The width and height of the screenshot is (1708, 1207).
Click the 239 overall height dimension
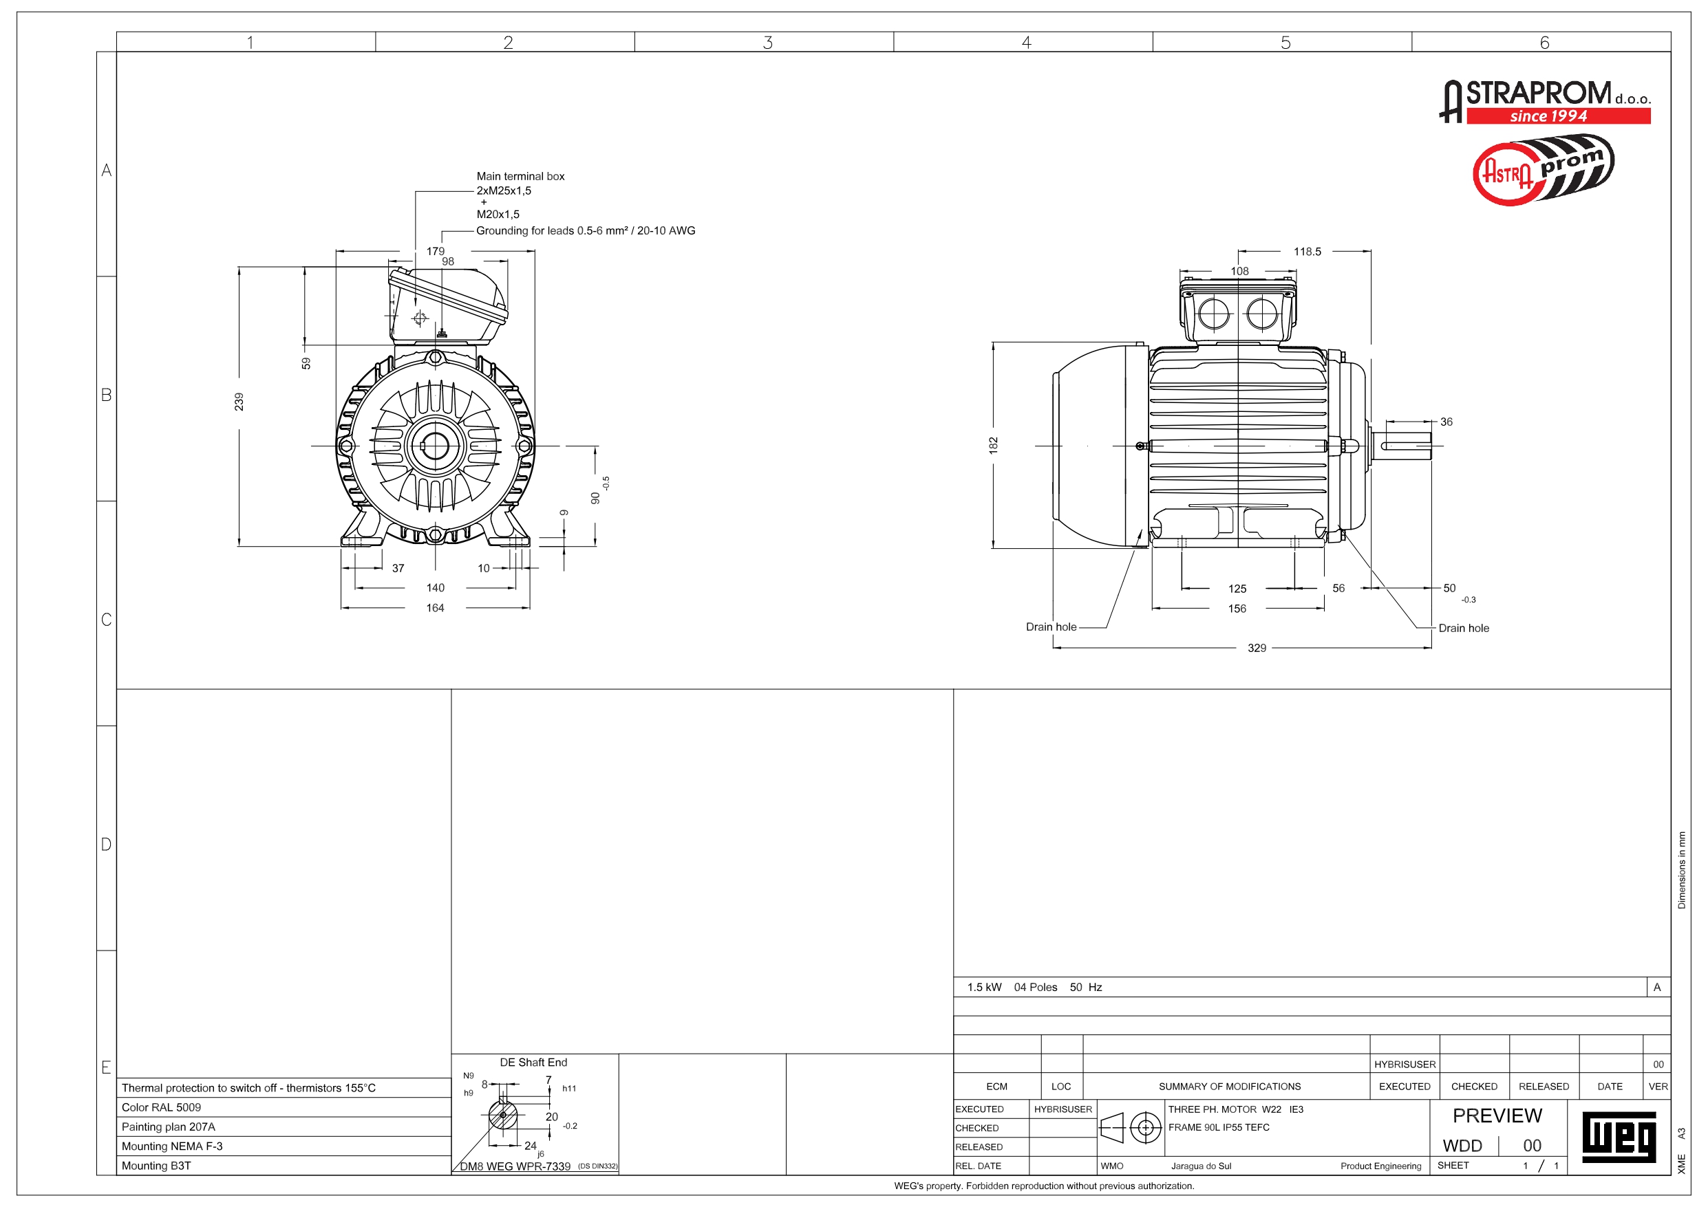click(x=239, y=402)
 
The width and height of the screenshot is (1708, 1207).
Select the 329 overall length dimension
click(x=1257, y=648)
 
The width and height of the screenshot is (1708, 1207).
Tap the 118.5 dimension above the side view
click(x=1307, y=251)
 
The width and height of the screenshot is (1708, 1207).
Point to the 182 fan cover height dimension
click(x=993, y=446)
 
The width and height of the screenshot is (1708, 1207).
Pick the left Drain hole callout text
click(x=1050, y=627)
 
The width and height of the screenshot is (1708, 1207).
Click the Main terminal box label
click(x=520, y=176)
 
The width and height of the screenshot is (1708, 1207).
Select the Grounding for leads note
click(x=586, y=230)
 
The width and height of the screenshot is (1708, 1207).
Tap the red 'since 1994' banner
click(x=1558, y=116)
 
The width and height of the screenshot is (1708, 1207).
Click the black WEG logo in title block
click(x=1618, y=1135)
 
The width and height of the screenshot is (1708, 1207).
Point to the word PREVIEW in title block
click(x=1497, y=1116)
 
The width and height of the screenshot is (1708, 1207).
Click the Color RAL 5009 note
click(x=162, y=1107)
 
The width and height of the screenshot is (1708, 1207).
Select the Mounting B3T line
click(x=156, y=1165)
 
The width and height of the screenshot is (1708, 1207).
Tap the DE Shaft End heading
click(x=533, y=1063)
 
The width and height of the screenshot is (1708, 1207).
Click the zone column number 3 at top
click(x=768, y=43)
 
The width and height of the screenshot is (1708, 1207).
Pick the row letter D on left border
click(x=107, y=845)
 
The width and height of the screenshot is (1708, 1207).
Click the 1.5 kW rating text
click(x=984, y=988)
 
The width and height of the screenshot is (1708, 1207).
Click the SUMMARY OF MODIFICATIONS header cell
click(x=1230, y=1087)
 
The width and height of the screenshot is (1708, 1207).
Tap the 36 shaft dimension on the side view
click(x=1446, y=422)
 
